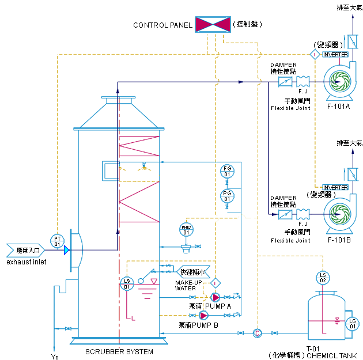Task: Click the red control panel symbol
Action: pyautogui.click(x=213, y=24)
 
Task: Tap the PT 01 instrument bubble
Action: pyautogui.click(x=58, y=241)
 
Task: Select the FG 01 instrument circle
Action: pyautogui.click(x=227, y=171)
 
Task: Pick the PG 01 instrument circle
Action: pyautogui.click(x=227, y=196)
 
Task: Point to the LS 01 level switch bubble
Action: pyautogui.click(x=127, y=283)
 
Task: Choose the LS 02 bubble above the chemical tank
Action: pyautogui.click(x=323, y=276)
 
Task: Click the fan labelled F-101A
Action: pyautogui.click(x=340, y=82)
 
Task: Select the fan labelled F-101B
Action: pyautogui.click(x=339, y=214)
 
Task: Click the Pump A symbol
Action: pyautogui.click(x=215, y=298)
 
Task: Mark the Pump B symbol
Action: pyautogui.click(x=204, y=315)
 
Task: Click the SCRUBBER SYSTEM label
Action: pyautogui.click(x=119, y=351)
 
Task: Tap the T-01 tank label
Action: pyautogui.click(x=313, y=348)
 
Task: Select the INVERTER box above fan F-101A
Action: pyautogui.click(x=335, y=54)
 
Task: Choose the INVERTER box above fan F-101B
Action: pyautogui.click(x=335, y=187)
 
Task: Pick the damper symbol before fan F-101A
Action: pyautogui.click(x=285, y=82)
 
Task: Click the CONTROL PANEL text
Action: pyautogui.click(x=162, y=25)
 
